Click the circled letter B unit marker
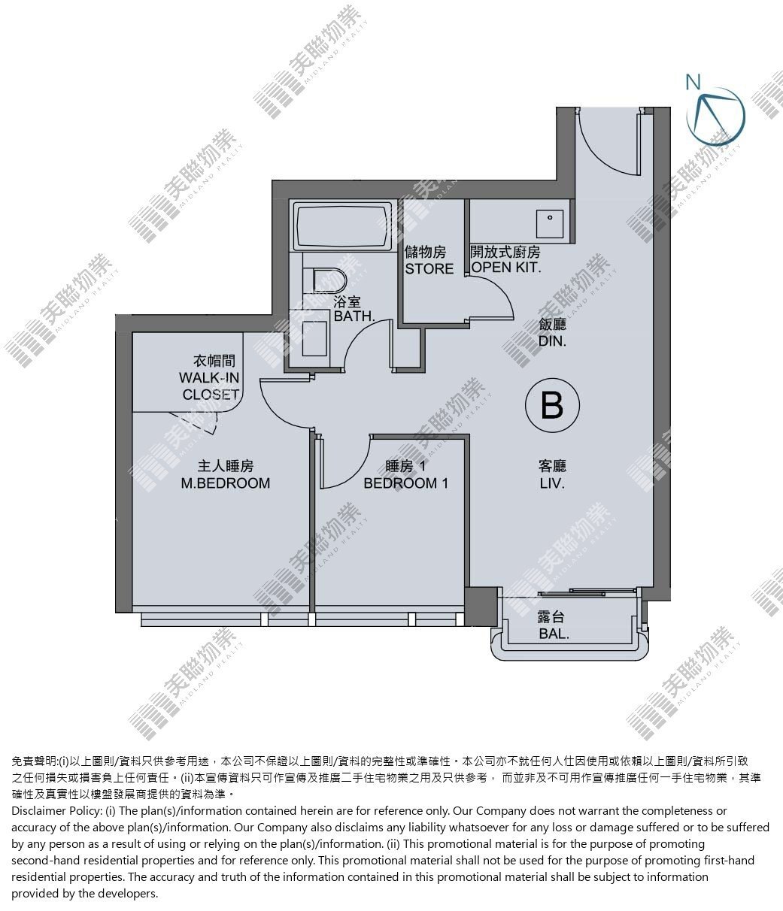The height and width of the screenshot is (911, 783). tap(552, 404)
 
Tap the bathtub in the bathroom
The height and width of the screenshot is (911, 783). tap(342, 225)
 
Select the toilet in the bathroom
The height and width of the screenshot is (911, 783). tap(329, 280)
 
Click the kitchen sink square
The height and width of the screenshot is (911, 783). tap(550, 224)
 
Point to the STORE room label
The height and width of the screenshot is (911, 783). tap(429, 268)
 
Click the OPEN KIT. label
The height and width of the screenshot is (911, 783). tap(505, 267)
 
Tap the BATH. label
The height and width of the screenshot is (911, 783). tap(354, 316)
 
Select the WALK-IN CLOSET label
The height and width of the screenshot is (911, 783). tap(209, 386)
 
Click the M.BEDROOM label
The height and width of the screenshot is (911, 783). tap(226, 483)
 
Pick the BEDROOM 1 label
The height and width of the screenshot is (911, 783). tap(406, 483)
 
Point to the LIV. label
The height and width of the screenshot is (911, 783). tap(552, 483)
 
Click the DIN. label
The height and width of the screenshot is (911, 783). tap(552, 340)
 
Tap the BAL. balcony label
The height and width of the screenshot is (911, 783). tap(554, 634)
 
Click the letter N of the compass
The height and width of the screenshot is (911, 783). tap(693, 82)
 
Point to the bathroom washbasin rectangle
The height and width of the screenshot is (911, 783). tap(314, 338)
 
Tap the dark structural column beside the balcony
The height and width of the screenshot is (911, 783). tap(481, 606)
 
